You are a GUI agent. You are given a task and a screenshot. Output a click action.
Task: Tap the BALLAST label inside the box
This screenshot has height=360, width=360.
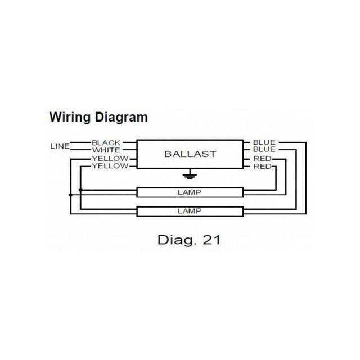tap(190, 154)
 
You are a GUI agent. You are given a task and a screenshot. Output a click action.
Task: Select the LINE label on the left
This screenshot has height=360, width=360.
tap(60, 146)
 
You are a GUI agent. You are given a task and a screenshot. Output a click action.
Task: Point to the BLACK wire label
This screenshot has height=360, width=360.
tap(106, 143)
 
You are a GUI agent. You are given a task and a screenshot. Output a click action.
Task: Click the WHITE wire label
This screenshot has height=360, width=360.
tap(106, 150)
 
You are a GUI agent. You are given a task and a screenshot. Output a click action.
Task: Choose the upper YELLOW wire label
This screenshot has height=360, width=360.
tap(110, 159)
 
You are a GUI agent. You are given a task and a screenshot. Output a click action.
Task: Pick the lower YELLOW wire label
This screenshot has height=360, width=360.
tap(110, 166)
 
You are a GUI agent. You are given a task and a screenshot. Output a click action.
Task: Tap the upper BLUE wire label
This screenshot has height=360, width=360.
tap(264, 142)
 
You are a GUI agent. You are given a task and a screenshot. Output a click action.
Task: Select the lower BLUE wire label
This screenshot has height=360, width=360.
tap(264, 150)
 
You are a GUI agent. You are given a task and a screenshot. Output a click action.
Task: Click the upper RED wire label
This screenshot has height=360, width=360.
tap(263, 159)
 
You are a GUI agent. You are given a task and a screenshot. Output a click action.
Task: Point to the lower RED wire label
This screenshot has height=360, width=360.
tap(263, 166)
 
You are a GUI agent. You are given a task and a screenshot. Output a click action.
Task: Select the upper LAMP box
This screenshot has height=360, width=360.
tap(190, 192)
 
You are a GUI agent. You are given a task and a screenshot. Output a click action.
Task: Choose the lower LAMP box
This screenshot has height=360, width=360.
tap(190, 211)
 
